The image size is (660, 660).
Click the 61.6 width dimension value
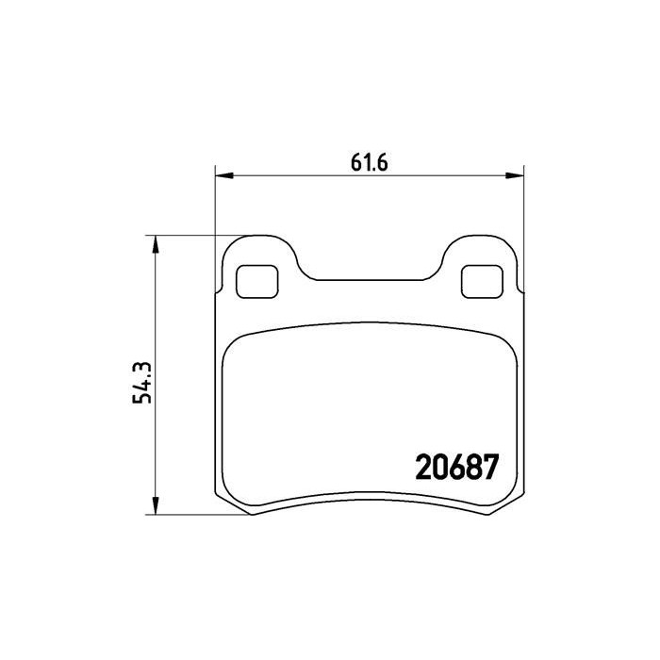(x=369, y=162)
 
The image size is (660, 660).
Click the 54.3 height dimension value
(x=142, y=383)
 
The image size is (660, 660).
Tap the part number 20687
(x=456, y=467)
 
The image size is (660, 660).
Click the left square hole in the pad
(x=257, y=282)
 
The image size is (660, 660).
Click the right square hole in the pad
(x=482, y=282)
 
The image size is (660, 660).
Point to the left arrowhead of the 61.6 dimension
(x=224, y=175)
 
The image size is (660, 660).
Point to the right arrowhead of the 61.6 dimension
(x=515, y=175)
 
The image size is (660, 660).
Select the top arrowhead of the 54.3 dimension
(x=156, y=244)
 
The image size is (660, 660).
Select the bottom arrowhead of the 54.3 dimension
(x=156, y=505)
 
